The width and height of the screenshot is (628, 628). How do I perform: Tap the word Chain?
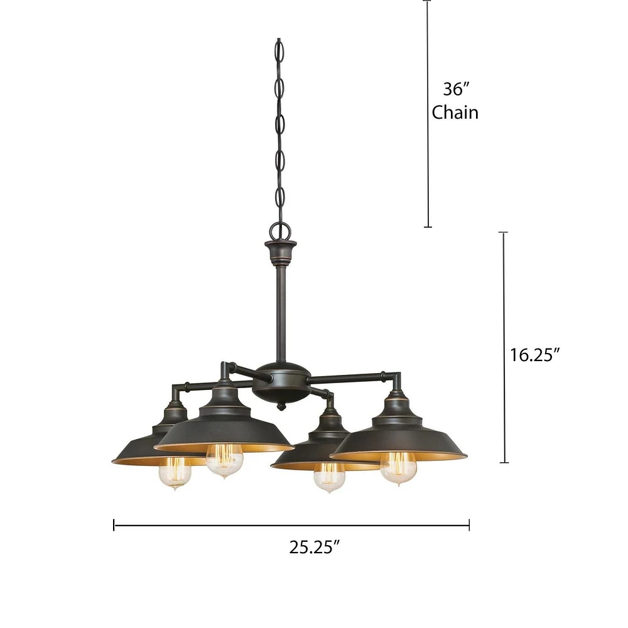tap(455, 112)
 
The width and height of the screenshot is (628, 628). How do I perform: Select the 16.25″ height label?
tap(534, 355)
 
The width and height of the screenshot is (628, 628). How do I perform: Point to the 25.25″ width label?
tap(315, 547)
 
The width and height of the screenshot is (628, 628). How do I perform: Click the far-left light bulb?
tap(175, 474)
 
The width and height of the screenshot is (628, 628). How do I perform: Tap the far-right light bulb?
tap(399, 468)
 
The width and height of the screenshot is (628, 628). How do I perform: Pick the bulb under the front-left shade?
tap(224, 460)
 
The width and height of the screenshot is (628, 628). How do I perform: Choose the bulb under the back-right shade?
tap(329, 477)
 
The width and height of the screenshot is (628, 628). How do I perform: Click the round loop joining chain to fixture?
tap(280, 231)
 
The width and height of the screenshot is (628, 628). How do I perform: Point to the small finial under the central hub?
tap(281, 406)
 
